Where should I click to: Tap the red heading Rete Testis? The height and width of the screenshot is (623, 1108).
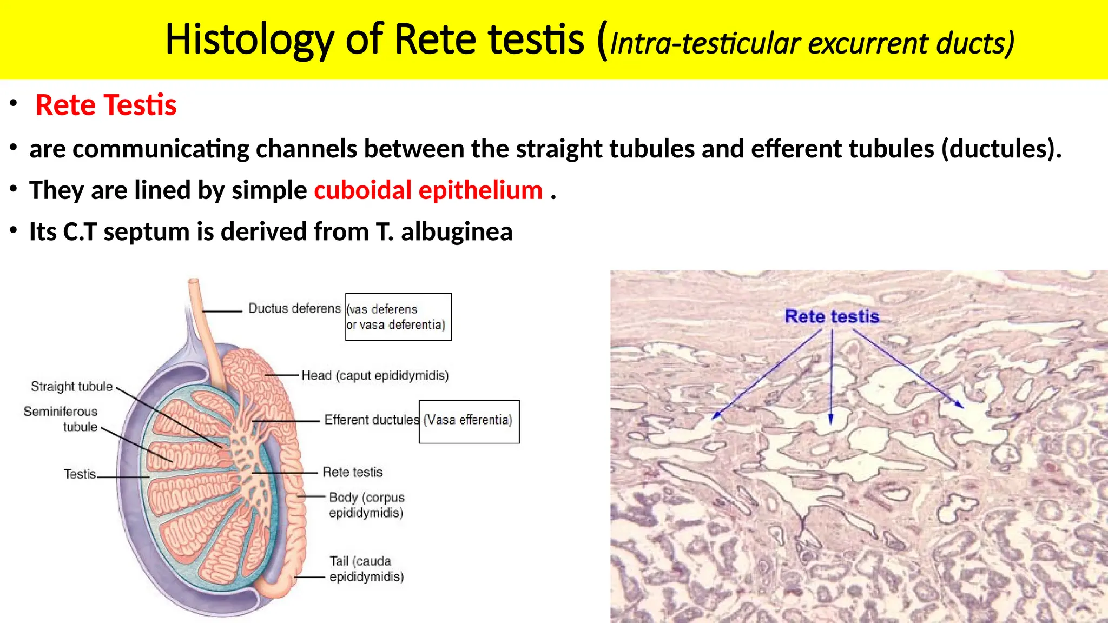[106, 105]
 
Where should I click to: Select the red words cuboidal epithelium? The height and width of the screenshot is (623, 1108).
[428, 190]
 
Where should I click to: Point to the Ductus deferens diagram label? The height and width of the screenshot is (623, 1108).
[294, 308]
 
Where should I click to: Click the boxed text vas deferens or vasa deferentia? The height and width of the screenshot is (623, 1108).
[398, 317]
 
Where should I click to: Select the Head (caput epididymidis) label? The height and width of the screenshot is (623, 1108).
[375, 376]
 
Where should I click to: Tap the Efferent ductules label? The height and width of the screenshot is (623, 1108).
[371, 420]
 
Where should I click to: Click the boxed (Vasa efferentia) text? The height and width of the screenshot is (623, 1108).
[468, 420]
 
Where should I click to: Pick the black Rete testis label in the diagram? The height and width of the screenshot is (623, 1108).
[352, 472]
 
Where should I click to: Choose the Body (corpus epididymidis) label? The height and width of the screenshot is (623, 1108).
[366, 505]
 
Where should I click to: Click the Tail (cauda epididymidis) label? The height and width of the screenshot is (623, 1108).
[366, 569]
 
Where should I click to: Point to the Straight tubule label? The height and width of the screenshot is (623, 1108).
[71, 387]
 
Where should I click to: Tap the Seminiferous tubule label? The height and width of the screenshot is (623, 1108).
[61, 419]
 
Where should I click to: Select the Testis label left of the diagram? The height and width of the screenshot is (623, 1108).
[80, 474]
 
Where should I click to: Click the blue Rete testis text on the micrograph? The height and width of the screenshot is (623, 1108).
[832, 317]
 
